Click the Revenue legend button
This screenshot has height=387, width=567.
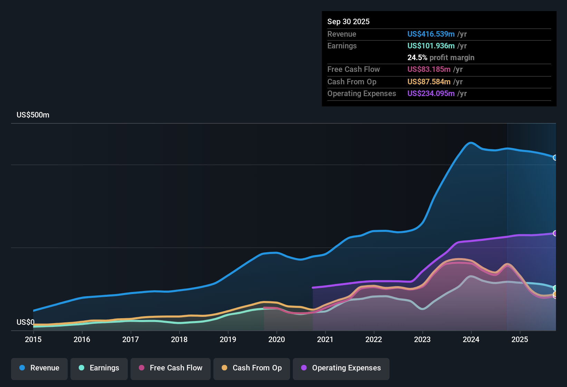pyautogui.click(x=39, y=368)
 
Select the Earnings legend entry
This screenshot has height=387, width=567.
pyautogui.click(x=99, y=368)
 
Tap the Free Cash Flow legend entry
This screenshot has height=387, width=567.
pyautogui.click(x=171, y=368)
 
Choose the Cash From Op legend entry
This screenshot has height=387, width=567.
pyautogui.click(x=252, y=368)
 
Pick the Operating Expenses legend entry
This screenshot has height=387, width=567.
pyautogui.click(x=341, y=368)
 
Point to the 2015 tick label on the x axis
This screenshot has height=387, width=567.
pyautogui.click(x=33, y=339)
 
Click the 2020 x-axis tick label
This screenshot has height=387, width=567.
pyautogui.click(x=277, y=339)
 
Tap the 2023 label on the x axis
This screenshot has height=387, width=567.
pyautogui.click(x=422, y=339)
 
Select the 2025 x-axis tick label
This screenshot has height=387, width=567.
pyautogui.click(x=520, y=339)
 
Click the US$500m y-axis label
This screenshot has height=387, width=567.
pyautogui.click(x=33, y=115)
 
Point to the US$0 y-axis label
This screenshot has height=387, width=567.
pyautogui.click(x=26, y=322)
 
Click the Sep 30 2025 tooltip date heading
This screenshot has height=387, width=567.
pyautogui.click(x=348, y=21)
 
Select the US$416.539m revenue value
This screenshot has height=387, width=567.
pyautogui.click(x=431, y=34)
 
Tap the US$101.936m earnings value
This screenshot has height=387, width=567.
pyautogui.click(x=431, y=46)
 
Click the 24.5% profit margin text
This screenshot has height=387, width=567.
pyautogui.click(x=441, y=57)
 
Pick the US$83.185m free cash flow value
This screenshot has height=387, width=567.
pyautogui.click(x=429, y=69)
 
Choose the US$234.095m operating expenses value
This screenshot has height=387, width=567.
pyautogui.click(x=431, y=93)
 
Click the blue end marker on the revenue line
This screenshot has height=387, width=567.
pyautogui.click(x=555, y=158)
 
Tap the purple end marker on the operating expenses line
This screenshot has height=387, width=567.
pyautogui.click(x=555, y=233)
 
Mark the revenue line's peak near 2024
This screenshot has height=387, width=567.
pyautogui.click(x=470, y=142)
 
